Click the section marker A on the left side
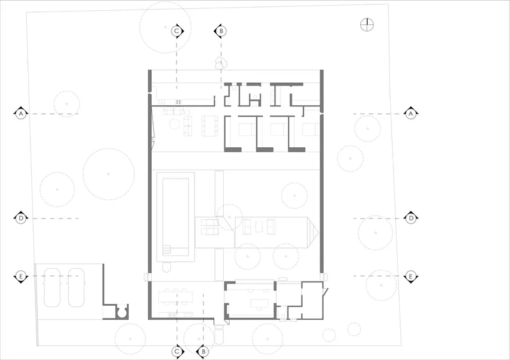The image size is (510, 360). click(21, 113)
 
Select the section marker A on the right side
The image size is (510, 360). click(411, 113)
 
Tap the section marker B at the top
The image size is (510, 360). click(221, 31)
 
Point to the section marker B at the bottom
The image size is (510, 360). click(203, 352)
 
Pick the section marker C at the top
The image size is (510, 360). click(177, 31)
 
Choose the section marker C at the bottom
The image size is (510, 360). click(177, 352)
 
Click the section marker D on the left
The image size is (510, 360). click(21, 218)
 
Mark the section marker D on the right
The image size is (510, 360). click(411, 218)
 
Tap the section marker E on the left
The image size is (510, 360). click(21, 277)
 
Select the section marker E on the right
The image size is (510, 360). click(411, 277)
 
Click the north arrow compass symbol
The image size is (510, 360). click(367, 25)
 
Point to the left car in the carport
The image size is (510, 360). click(52, 287)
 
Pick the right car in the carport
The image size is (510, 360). click(76, 287)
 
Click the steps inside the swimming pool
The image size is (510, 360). click(166, 248)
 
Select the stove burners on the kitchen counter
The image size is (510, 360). click(178, 102)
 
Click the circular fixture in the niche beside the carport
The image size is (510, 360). click(122, 312)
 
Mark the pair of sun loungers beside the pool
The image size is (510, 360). click(210, 227)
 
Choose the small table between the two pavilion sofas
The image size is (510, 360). click(259, 226)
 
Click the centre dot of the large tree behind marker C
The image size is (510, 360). click(166, 27)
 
